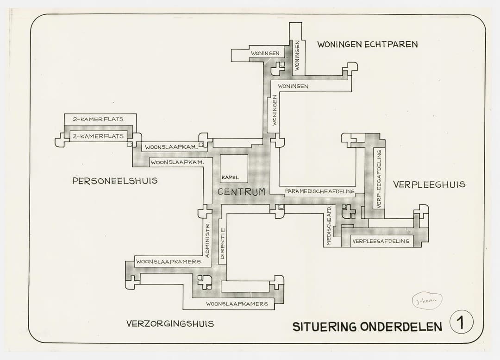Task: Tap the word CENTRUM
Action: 241,192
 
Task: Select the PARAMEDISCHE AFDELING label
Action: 320,191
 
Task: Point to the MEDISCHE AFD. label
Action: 329,225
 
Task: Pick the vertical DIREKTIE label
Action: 223,243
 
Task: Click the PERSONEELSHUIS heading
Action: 115,181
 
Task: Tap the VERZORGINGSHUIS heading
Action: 170,323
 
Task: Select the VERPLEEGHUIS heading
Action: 429,184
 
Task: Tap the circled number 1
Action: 461,322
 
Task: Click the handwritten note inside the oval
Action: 427,301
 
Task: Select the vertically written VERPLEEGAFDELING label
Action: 379,178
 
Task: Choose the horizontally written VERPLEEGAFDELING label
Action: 381,241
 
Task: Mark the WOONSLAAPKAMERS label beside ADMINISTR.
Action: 169,261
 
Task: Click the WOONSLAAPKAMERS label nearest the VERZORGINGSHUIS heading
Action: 237,304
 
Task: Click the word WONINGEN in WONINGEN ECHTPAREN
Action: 339,44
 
